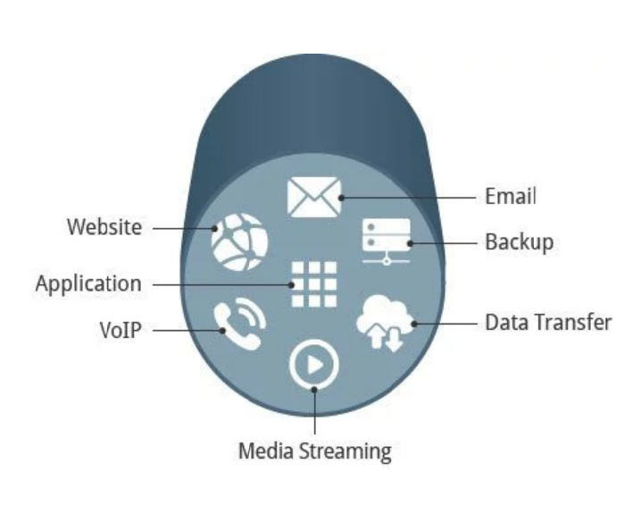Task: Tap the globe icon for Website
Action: (x=238, y=241)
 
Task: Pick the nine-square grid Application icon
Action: (x=314, y=285)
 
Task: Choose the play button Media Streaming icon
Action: (x=314, y=364)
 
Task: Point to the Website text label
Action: (x=104, y=227)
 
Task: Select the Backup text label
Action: (x=519, y=242)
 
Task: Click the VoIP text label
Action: (x=121, y=328)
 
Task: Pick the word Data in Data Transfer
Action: (x=504, y=322)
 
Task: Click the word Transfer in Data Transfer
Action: (x=570, y=322)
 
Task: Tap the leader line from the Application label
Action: (x=219, y=284)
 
